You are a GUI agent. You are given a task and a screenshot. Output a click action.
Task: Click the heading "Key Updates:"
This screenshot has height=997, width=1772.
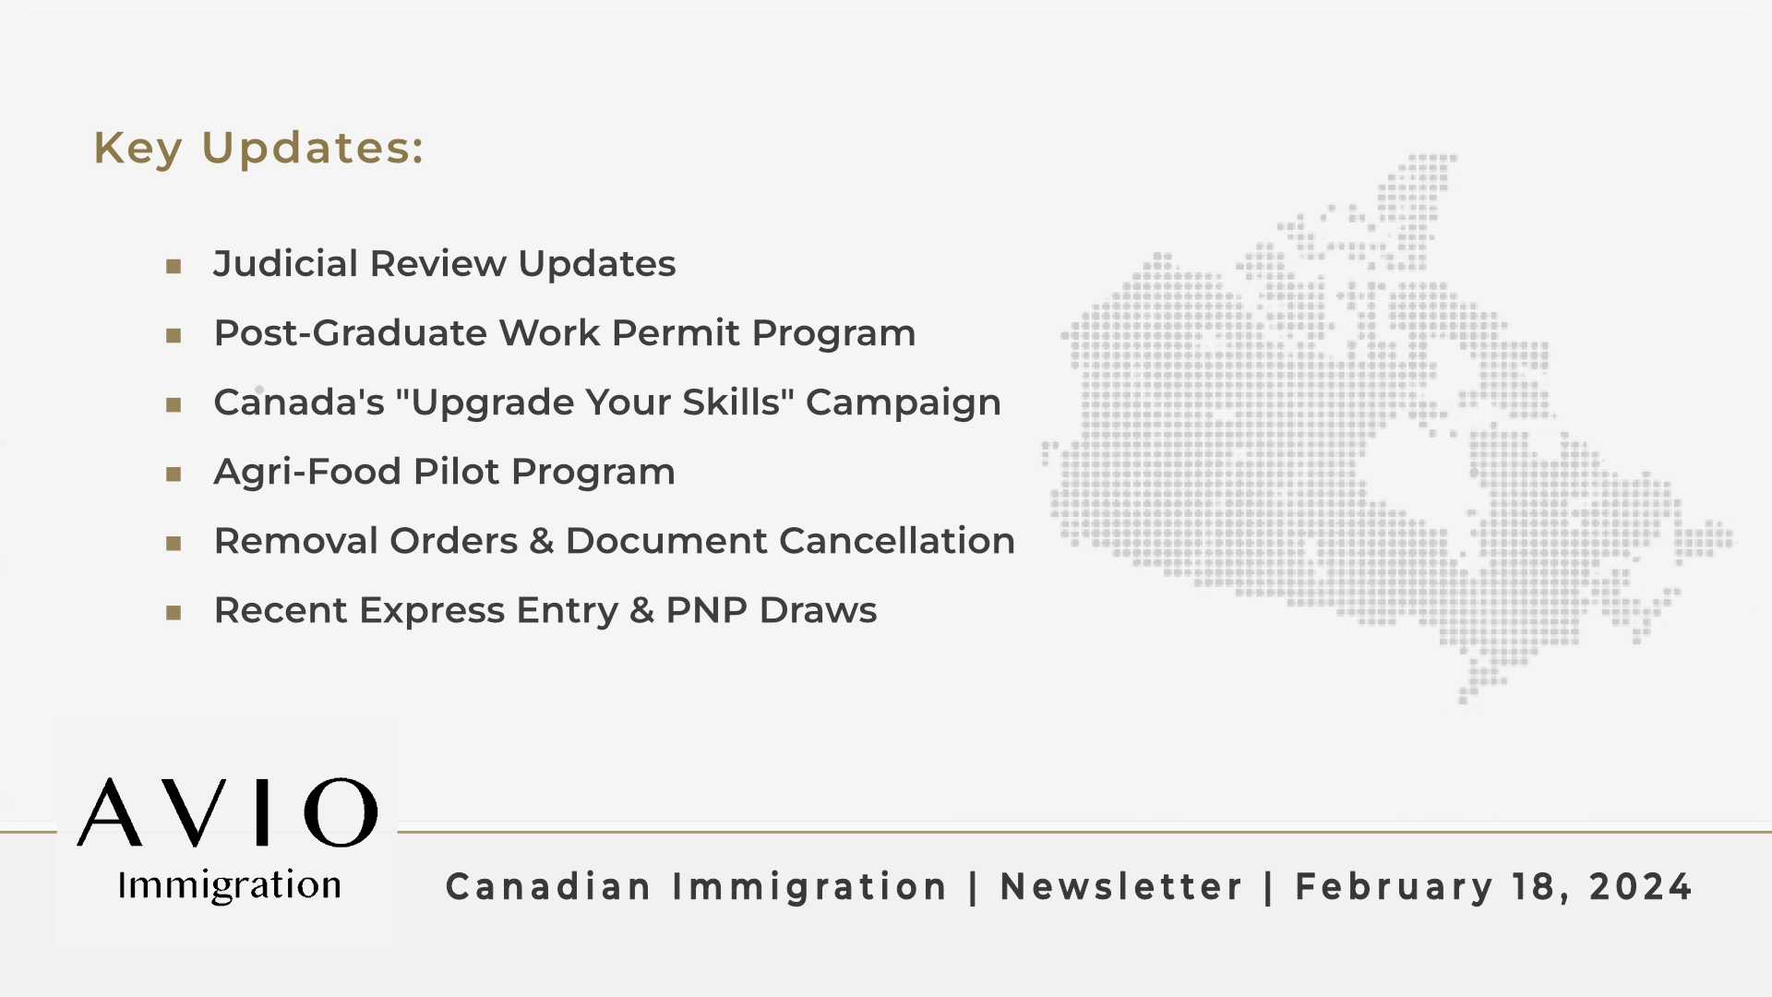[x=258, y=148]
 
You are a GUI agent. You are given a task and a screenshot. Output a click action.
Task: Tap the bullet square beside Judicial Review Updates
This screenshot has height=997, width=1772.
[x=174, y=267]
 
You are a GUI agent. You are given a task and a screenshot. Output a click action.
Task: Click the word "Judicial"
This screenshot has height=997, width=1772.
[x=286, y=264]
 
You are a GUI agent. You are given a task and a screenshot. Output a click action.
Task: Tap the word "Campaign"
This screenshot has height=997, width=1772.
[x=903, y=403]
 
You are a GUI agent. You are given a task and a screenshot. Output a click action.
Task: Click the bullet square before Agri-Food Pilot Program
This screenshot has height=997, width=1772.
[x=174, y=474]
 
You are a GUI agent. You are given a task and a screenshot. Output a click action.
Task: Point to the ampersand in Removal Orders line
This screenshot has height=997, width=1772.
[x=541, y=542]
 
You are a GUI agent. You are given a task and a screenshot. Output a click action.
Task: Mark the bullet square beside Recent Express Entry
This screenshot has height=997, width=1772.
[x=174, y=613]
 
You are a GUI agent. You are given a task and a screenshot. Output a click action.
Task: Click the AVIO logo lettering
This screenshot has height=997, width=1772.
[x=227, y=812]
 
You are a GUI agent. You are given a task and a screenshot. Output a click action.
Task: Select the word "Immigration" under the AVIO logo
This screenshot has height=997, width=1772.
[x=229, y=885]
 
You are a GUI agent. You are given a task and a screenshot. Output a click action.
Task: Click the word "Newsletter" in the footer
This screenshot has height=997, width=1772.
[x=1121, y=887]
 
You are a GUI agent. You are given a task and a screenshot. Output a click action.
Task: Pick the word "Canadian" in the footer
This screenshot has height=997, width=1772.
[x=549, y=887]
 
